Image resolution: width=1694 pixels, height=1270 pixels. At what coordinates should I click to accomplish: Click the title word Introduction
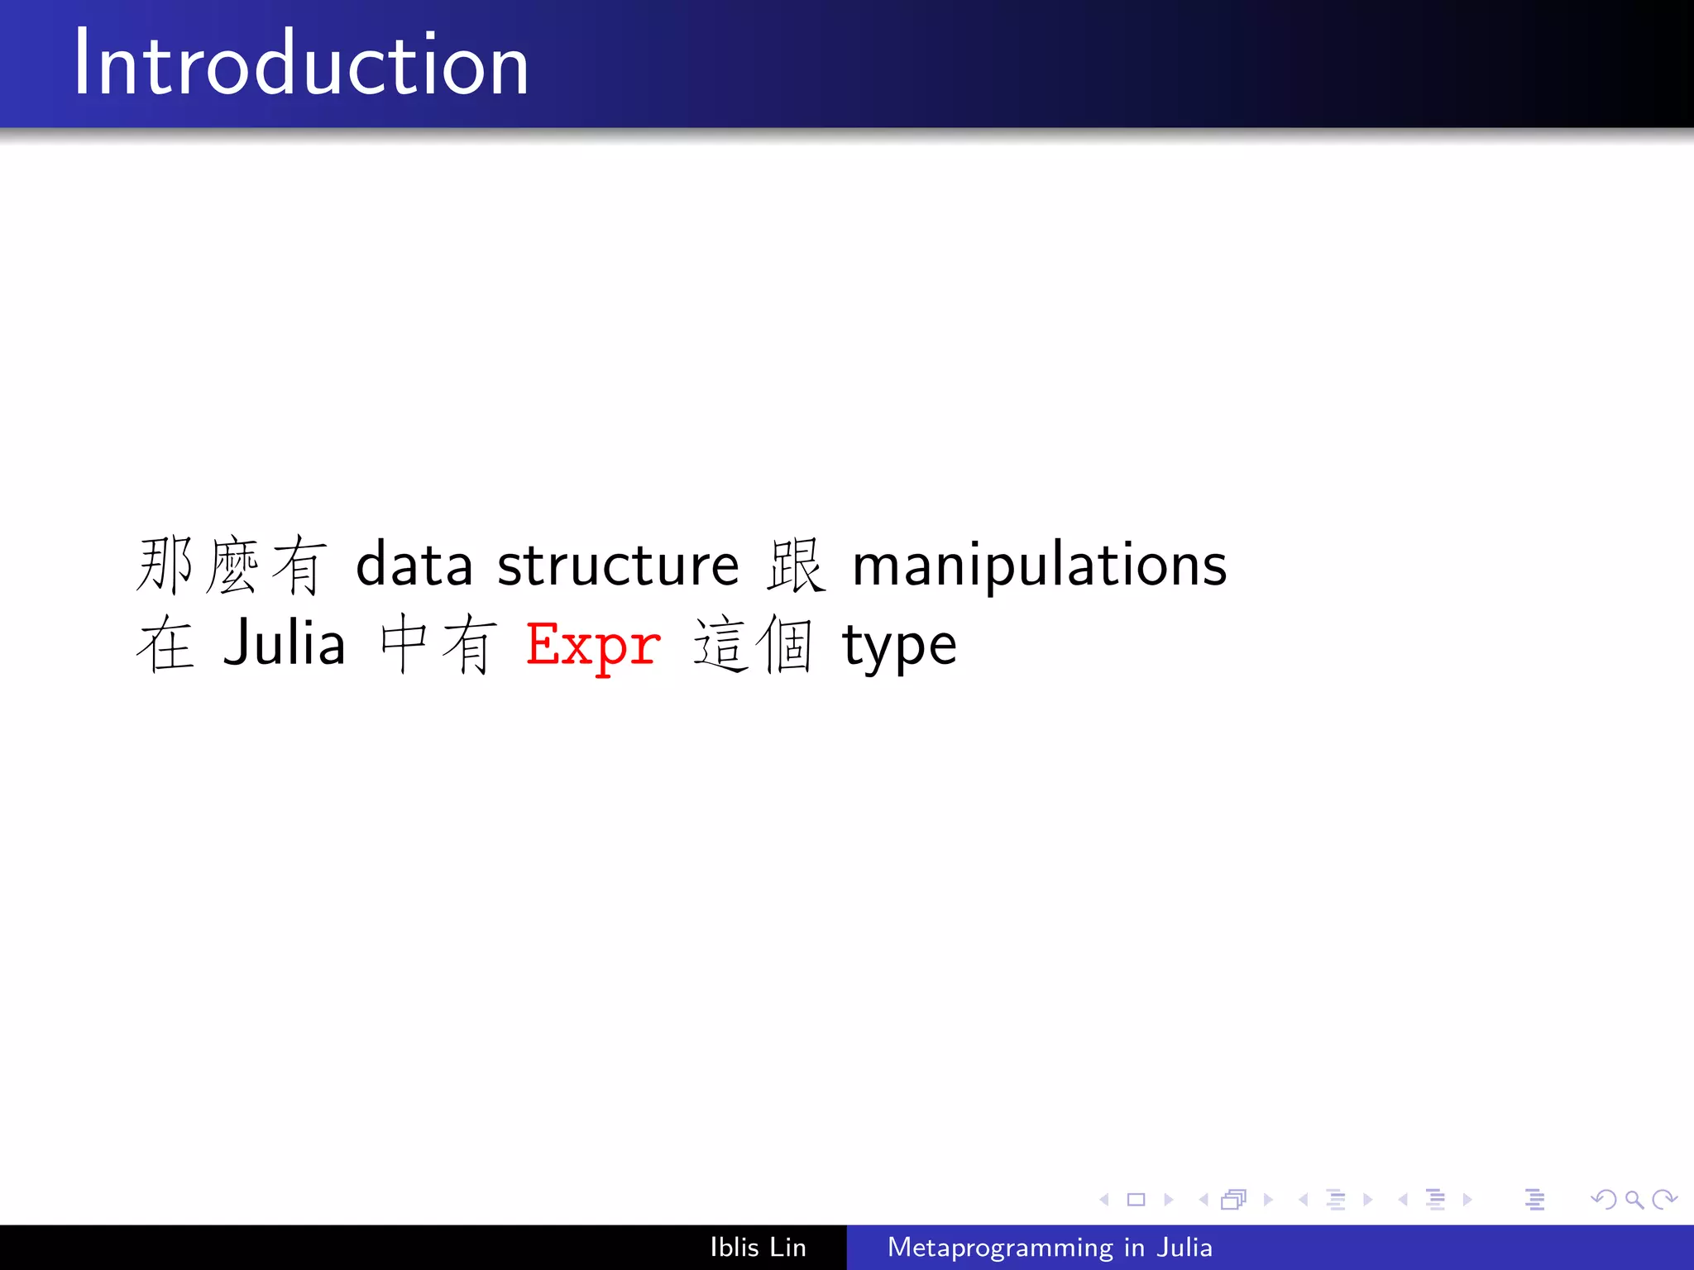click(x=301, y=64)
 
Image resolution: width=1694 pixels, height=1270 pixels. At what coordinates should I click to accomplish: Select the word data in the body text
click(x=414, y=566)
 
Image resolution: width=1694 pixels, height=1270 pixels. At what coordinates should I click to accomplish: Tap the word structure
click(x=618, y=566)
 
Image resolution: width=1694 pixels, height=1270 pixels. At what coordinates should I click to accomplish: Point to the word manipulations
click(x=1039, y=567)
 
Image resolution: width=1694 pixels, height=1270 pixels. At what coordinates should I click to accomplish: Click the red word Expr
click(x=593, y=646)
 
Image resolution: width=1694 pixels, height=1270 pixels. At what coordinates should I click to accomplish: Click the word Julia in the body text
click(x=285, y=644)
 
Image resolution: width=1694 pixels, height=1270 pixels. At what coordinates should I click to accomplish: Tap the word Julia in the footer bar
click(x=1184, y=1247)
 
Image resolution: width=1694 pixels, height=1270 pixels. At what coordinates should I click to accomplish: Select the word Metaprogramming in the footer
click(x=1000, y=1248)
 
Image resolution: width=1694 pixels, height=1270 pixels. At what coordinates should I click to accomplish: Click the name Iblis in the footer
click(x=734, y=1247)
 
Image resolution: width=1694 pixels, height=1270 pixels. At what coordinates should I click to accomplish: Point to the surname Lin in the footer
click(x=787, y=1247)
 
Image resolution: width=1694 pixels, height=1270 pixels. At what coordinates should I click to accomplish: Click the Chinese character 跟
click(x=796, y=566)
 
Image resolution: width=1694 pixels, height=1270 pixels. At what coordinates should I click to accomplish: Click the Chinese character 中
click(x=404, y=645)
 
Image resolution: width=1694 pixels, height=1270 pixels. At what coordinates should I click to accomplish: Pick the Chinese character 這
click(x=721, y=645)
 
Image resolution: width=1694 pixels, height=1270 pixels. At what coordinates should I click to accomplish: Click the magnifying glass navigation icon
click(x=1634, y=1200)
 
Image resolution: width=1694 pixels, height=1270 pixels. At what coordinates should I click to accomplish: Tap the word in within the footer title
click(x=1134, y=1247)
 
